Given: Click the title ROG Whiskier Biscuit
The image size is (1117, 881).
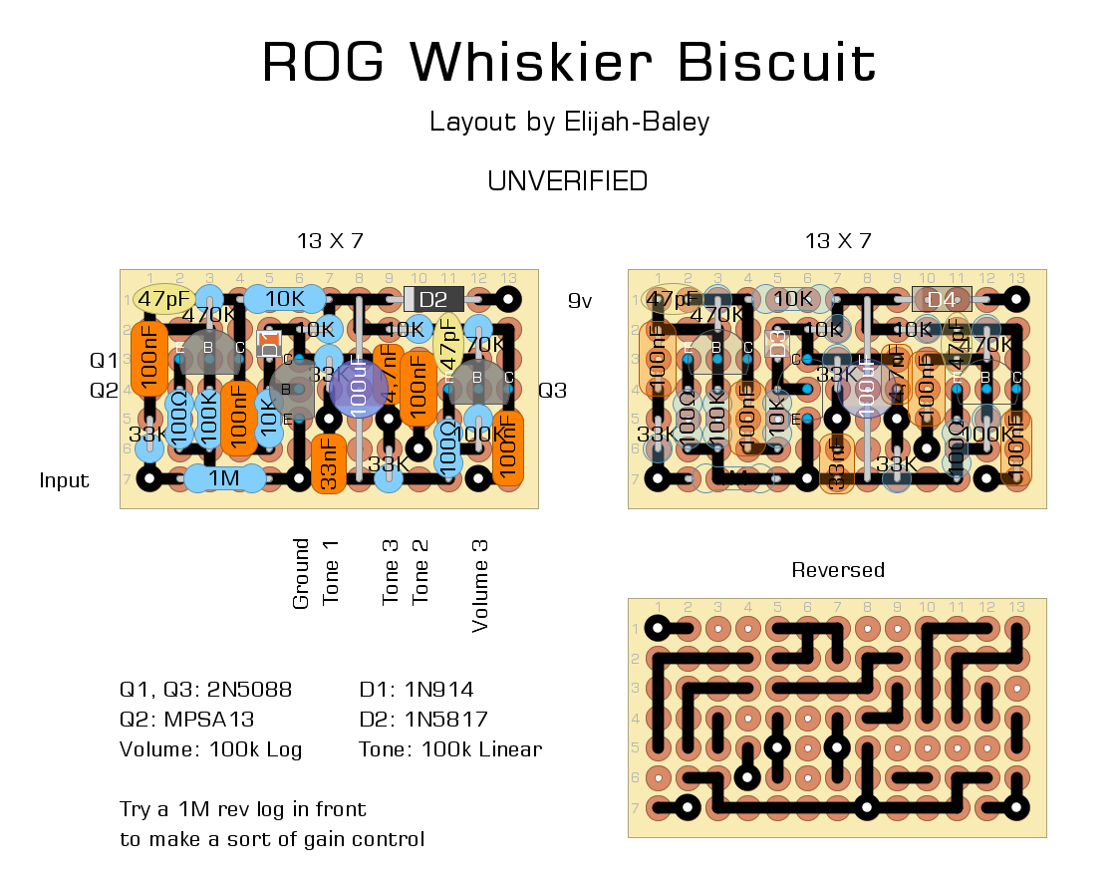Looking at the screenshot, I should [x=568, y=63].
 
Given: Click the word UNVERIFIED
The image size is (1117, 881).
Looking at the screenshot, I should [x=567, y=181].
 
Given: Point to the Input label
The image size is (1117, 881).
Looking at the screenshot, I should [x=65, y=480].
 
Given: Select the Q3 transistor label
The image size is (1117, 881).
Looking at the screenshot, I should [x=552, y=390].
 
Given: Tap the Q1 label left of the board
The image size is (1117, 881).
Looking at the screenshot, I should [x=104, y=360].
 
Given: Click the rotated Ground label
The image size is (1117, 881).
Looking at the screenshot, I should [x=301, y=574].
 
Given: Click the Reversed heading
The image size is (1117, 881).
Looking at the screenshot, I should [x=838, y=570].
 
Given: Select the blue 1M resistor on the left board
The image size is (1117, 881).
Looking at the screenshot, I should [x=224, y=479].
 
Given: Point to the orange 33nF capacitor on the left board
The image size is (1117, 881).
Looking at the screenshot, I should [x=328, y=464].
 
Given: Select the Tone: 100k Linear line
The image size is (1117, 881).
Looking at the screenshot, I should [x=450, y=749].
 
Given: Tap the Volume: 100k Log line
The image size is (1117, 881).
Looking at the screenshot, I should [x=210, y=749].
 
